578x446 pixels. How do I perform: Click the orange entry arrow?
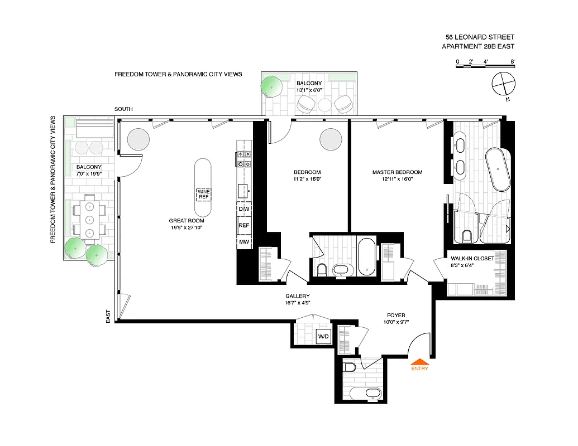[419, 361]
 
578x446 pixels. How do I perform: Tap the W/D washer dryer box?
[323, 337]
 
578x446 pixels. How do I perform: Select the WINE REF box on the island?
[203, 194]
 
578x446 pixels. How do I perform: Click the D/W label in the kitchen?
[244, 209]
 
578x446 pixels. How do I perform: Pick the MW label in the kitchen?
[244, 242]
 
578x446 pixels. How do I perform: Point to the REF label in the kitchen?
[244, 226]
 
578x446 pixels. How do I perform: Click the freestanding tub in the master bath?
[497, 169]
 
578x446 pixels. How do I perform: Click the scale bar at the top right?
[485, 66]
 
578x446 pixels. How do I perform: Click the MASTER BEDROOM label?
[397, 172]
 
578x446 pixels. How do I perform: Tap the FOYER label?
[395, 315]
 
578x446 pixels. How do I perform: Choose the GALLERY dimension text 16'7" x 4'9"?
[297, 303]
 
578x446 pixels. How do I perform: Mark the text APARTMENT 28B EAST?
[478, 47]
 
